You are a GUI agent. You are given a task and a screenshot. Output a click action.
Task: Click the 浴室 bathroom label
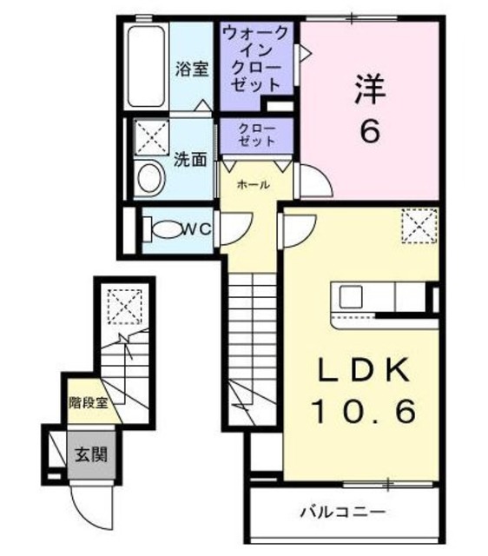192,69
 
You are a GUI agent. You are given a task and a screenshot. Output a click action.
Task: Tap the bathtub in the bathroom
147,68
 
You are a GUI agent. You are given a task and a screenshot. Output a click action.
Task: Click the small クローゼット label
258,135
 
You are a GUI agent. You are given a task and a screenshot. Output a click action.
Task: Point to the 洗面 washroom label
190,159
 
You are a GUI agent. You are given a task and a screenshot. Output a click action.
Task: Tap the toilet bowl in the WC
166,230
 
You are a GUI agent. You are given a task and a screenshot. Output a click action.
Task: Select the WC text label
198,229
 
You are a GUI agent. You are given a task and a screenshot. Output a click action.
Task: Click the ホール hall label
253,184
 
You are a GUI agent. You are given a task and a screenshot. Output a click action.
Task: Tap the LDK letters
363,369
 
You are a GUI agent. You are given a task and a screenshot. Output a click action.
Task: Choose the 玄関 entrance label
89,453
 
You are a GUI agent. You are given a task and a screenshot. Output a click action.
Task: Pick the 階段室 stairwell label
89,402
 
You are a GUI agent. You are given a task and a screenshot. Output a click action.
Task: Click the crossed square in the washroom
153,136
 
